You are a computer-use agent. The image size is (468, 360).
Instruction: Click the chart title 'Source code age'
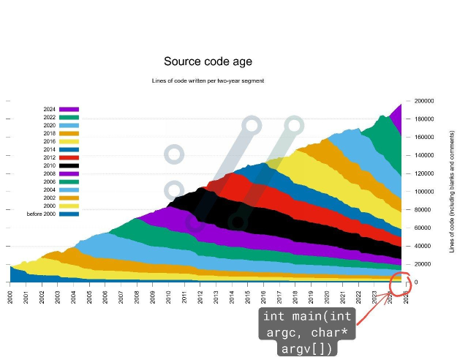tap(208, 62)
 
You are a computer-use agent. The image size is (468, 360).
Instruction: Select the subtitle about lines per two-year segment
tap(208, 80)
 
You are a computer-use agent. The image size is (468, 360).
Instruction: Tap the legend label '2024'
tap(50, 109)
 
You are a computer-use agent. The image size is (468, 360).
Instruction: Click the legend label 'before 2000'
tap(42, 214)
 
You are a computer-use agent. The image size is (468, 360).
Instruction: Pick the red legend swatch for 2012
tap(69, 157)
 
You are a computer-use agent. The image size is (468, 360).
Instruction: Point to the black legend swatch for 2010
tap(69, 165)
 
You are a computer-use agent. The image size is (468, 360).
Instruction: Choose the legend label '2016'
tap(50, 141)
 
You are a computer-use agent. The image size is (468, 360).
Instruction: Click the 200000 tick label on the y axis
tap(424, 101)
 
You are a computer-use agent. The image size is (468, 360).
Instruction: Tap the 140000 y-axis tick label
tap(424, 155)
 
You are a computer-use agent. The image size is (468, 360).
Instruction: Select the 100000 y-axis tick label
tap(424, 192)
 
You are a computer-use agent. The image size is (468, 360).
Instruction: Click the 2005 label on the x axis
tap(90, 298)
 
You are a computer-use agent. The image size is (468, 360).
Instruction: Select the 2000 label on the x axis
tap(11, 298)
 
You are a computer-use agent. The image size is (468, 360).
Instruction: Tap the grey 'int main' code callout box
tap(308, 331)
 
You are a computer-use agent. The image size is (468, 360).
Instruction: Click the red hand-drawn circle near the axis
tap(401, 283)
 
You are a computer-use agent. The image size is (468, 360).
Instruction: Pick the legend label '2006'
tap(50, 181)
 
